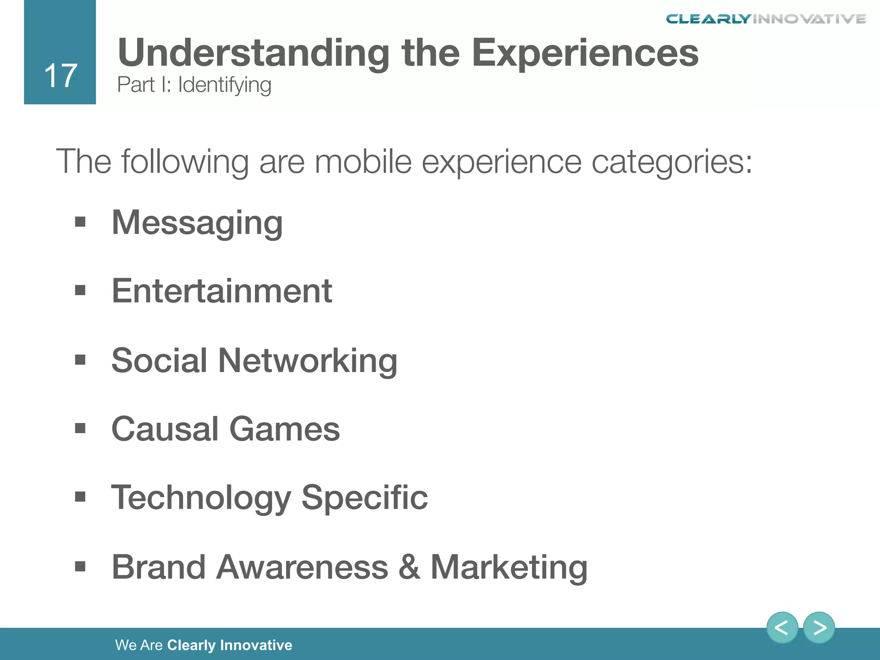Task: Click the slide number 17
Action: [x=61, y=76]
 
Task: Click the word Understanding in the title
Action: [x=254, y=53]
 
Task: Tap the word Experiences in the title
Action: [x=585, y=53]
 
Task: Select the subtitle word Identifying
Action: [x=224, y=85]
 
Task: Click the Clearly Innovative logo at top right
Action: [x=766, y=19]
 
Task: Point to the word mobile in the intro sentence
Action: [x=363, y=162]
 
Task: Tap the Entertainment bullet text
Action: [x=222, y=291]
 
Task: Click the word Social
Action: [x=159, y=360]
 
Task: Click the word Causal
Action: [x=165, y=429]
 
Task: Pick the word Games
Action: [x=284, y=429]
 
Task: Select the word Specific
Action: [x=364, y=498]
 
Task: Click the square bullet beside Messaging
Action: [x=80, y=222]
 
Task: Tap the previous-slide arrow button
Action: [x=782, y=628]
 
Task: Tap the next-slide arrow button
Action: [x=819, y=628]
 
